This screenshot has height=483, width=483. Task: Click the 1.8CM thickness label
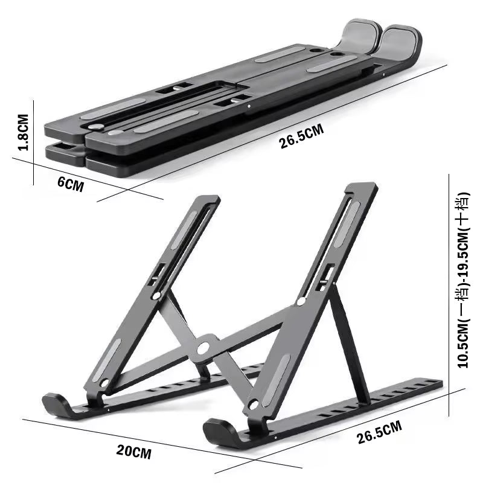point(23,133)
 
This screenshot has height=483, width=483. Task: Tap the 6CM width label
point(71,184)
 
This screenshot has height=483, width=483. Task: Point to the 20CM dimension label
point(134,452)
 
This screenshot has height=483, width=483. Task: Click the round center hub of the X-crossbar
point(203,348)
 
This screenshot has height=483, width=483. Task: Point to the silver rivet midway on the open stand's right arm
point(301,301)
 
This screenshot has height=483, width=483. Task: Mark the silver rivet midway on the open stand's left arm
point(157,295)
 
